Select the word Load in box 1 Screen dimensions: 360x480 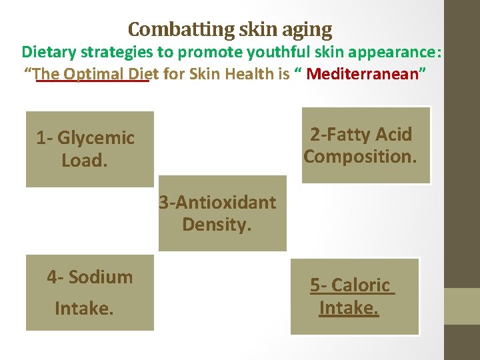(81, 161)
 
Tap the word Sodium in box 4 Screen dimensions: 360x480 (100, 277)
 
